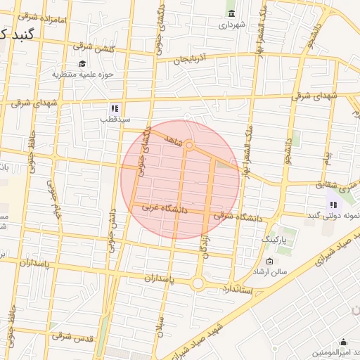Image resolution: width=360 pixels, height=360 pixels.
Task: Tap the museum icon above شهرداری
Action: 231,13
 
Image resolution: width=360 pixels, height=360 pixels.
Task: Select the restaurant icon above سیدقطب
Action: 113,108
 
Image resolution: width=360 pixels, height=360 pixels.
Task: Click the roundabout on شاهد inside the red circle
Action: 189,146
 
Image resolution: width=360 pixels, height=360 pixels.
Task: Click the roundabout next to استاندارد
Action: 198,283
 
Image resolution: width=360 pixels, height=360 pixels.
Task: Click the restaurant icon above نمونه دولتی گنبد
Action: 331,205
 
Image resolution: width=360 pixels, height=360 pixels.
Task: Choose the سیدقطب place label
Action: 115,120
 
